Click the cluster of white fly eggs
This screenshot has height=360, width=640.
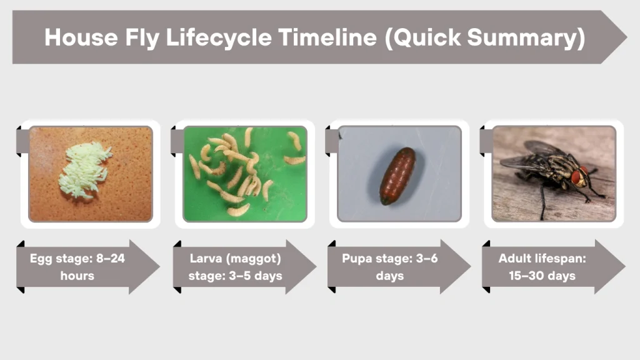click(85, 169)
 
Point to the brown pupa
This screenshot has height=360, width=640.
click(397, 176)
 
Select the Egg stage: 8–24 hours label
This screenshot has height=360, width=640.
click(77, 267)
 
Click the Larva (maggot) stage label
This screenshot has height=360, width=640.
click(235, 267)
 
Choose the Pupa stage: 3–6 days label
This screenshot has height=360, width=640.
click(389, 267)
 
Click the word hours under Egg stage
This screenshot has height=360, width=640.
click(77, 276)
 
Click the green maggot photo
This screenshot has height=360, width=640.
click(245, 173)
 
